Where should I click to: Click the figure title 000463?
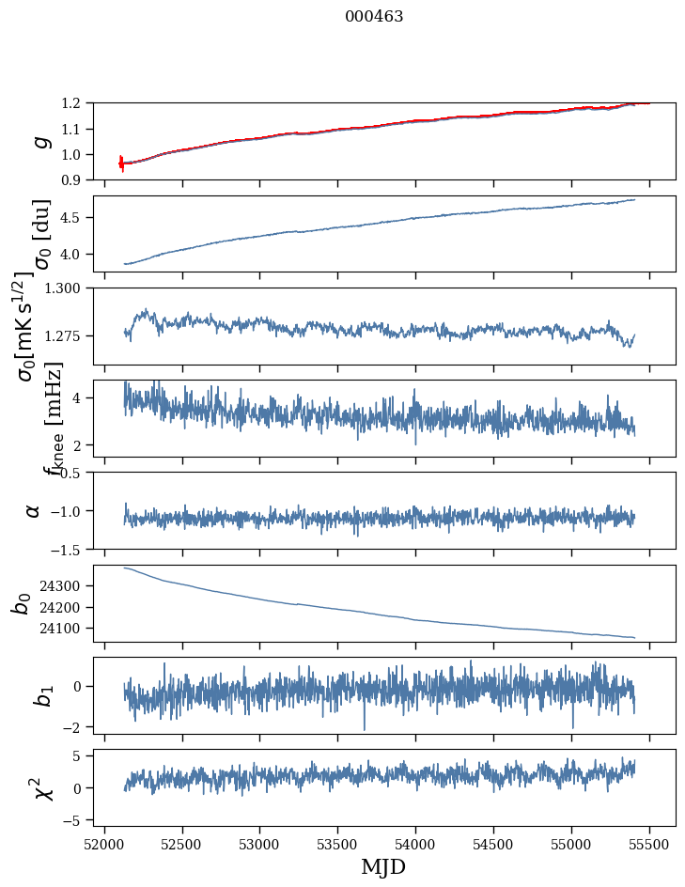(374, 17)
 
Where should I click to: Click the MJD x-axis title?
(383, 866)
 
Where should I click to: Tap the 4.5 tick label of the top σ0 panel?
(76, 218)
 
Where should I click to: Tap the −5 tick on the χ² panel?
(75, 820)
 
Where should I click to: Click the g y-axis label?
(39, 141)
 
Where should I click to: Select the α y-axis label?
(34, 510)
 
